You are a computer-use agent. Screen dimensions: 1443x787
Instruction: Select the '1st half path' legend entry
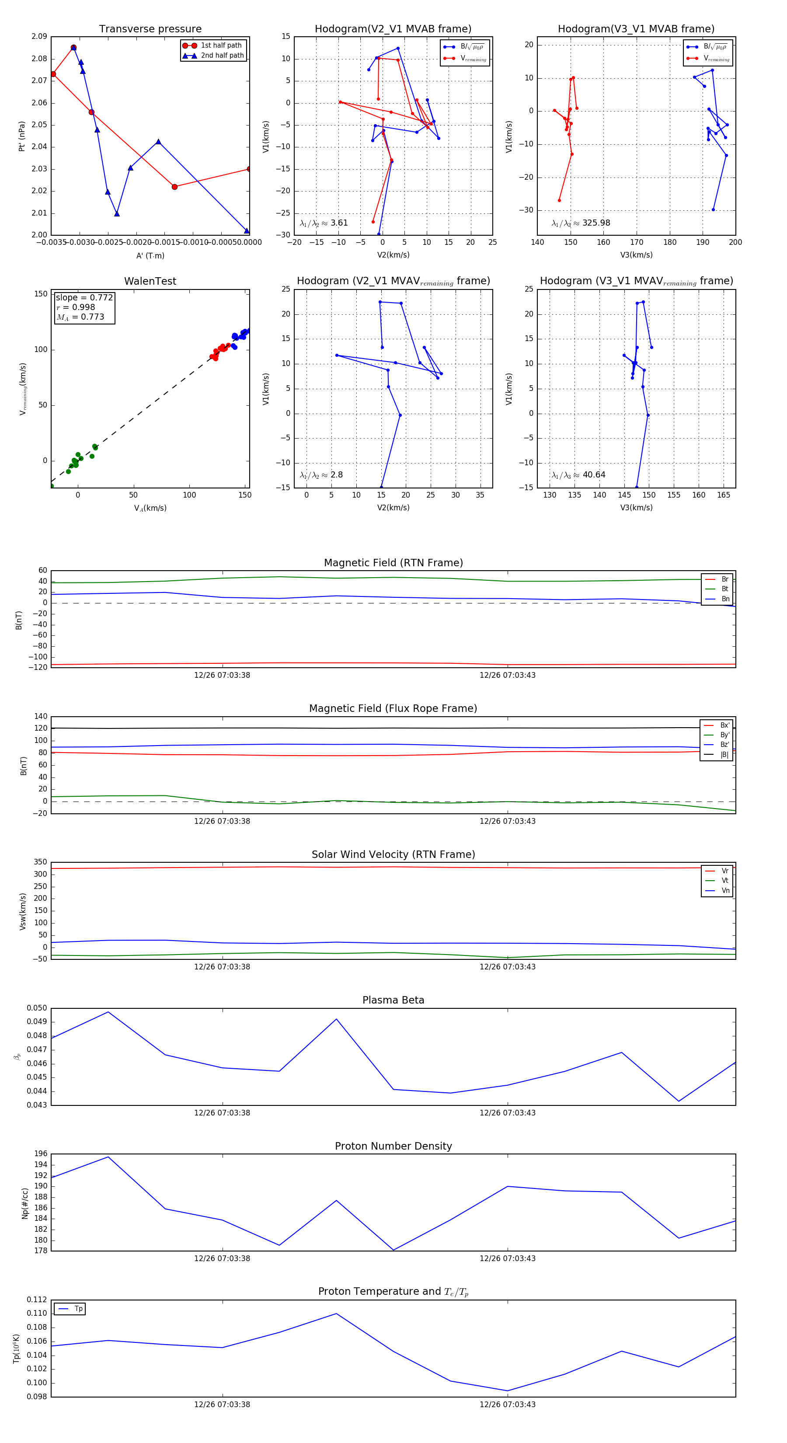coord(221,45)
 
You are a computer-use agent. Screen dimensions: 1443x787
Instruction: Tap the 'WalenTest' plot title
coord(150,281)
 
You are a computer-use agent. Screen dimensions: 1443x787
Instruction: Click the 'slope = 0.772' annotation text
coord(84,297)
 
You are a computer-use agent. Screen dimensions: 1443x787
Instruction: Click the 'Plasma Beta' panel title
coord(393,1000)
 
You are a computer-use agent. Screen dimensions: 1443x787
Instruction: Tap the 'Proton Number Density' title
coord(393,1146)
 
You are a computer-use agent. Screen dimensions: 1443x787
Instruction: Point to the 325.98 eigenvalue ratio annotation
coord(595,223)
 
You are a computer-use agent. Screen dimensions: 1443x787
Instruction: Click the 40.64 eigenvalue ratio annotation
coord(593,475)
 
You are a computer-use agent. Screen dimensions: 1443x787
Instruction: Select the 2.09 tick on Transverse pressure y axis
coord(39,36)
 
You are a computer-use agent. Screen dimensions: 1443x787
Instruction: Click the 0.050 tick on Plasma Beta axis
coord(37,1008)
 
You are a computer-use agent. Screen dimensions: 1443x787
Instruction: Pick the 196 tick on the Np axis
coord(41,1154)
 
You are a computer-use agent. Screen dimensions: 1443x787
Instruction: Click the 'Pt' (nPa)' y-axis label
coord(22,136)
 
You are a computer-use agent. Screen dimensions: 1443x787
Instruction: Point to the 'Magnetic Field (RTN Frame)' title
coord(393,563)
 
